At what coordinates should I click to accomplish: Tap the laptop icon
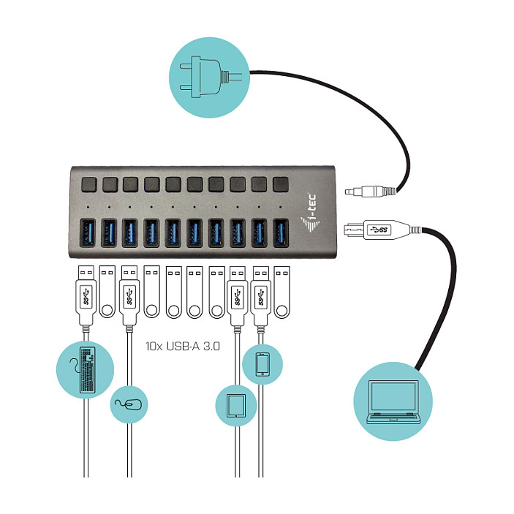click(393, 401)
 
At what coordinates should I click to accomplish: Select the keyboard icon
click(87, 370)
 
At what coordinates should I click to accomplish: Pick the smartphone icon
click(262, 364)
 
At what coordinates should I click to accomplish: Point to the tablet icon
click(236, 406)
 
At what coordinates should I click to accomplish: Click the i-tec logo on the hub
click(310, 213)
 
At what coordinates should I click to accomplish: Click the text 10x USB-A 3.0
click(183, 346)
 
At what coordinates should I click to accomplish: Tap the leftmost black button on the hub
click(89, 184)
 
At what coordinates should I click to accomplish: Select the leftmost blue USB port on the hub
click(88, 233)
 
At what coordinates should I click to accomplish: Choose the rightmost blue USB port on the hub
click(281, 233)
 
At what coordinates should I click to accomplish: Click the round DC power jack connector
click(370, 191)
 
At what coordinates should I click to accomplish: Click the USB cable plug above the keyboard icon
click(86, 295)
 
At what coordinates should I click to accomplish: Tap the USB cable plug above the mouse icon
click(129, 295)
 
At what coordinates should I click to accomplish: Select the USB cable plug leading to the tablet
click(238, 295)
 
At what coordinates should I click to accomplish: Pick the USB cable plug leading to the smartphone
click(261, 295)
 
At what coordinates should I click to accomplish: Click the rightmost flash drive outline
click(282, 292)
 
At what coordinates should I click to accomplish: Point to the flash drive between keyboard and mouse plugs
click(107, 292)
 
